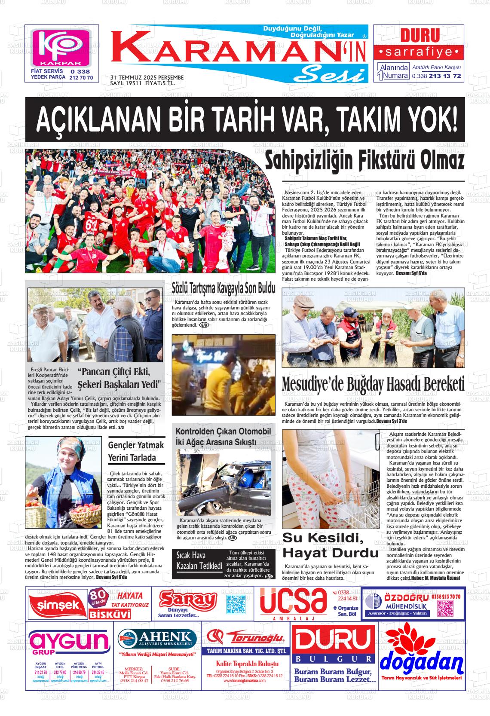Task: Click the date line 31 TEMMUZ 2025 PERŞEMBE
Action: tap(147, 77)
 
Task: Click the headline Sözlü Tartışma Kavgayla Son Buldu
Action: tap(223, 288)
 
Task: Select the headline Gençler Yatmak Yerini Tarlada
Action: tap(136, 451)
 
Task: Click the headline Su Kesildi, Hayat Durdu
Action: tap(330, 545)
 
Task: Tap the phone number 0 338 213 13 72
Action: tap(436, 76)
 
